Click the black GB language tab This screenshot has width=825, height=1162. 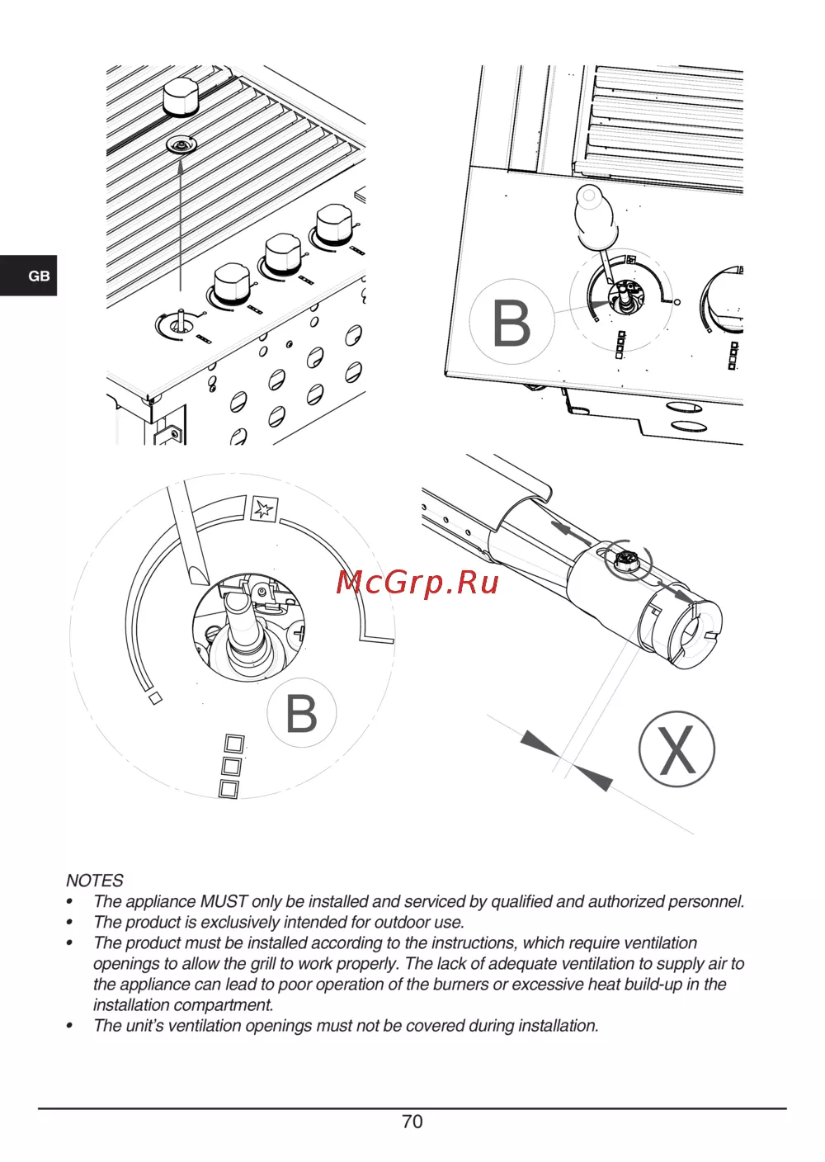click(28, 276)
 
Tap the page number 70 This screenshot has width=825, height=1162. click(412, 1121)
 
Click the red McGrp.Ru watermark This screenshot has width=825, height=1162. click(417, 583)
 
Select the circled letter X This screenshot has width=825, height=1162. click(676, 749)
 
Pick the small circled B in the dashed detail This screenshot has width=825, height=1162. click(301, 713)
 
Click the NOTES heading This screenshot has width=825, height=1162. click(94, 881)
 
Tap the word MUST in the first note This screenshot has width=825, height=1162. click(224, 901)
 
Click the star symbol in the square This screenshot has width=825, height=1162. click(264, 509)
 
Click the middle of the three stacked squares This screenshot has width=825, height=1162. click(231, 766)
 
